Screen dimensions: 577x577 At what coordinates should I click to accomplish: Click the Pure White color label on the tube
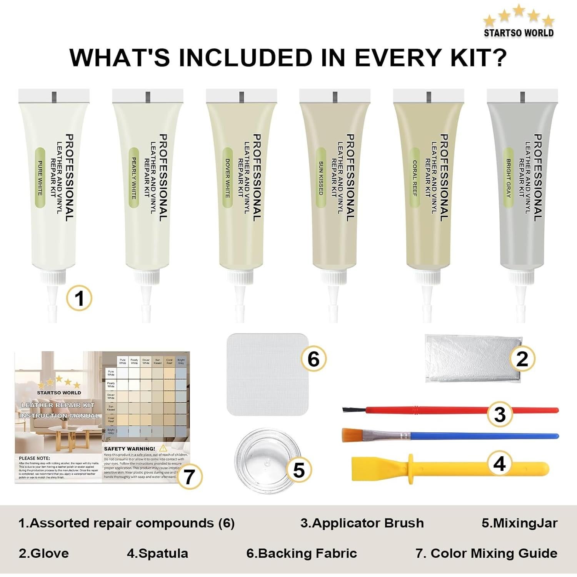[40, 178]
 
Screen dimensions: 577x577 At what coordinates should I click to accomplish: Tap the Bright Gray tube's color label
[508, 178]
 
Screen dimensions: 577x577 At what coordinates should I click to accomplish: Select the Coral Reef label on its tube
[415, 178]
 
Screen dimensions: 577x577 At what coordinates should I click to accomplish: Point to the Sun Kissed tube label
[321, 178]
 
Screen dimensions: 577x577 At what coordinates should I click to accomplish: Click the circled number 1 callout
[79, 298]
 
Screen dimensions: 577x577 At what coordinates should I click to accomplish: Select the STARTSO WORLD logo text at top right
[519, 33]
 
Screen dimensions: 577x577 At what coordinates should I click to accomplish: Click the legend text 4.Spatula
[157, 553]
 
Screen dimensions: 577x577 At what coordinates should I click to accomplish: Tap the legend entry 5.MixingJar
[519, 523]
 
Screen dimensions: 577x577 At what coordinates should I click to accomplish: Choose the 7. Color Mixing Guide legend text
[486, 553]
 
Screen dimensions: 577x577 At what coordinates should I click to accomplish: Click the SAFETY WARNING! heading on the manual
[130, 449]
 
